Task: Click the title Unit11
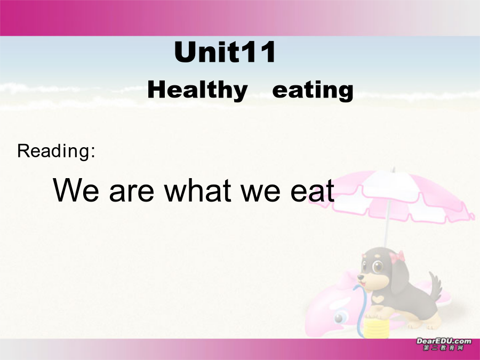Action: click(225, 52)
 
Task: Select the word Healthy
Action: click(197, 90)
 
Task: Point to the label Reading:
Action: click(56, 151)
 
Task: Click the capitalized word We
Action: click(76, 190)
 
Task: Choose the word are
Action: click(131, 193)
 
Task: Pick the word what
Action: click(197, 190)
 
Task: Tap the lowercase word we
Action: click(260, 193)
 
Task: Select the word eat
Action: click(312, 190)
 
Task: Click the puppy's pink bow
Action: click(397, 257)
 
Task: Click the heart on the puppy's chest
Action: click(378, 298)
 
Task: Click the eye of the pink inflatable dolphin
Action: click(339, 318)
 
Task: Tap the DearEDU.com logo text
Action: click(444, 341)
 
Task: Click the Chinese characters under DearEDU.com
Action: click(444, 348)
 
